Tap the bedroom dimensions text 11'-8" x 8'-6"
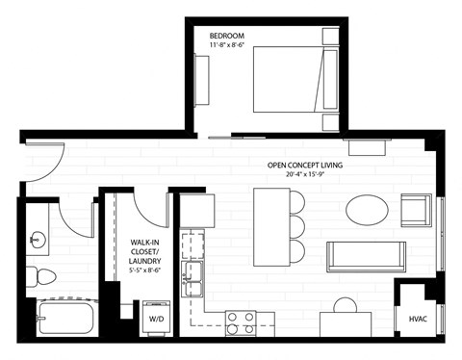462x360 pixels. pos(229,45)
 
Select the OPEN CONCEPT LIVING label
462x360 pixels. pos(305,165)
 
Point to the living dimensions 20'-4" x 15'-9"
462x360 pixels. pos(305,175)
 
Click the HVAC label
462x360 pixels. pos(418,319)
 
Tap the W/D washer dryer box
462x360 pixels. pos(157,317)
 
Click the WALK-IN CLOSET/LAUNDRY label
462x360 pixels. pos(144,251)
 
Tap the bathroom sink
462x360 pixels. pos(39,238)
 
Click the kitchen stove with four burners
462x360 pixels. pos(240,322)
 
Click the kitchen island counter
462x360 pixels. pos(270,226)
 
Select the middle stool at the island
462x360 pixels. pos(296,227)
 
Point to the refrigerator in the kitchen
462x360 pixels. pos(197,209)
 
